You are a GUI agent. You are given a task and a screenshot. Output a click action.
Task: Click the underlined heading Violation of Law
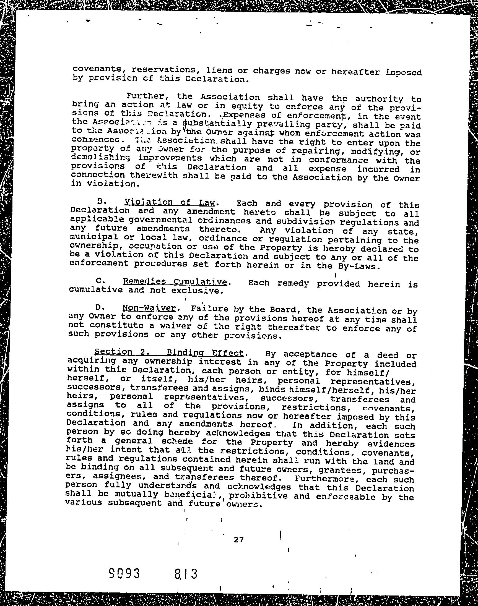170,202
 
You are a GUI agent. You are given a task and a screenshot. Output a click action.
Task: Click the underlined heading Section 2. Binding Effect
169,352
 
